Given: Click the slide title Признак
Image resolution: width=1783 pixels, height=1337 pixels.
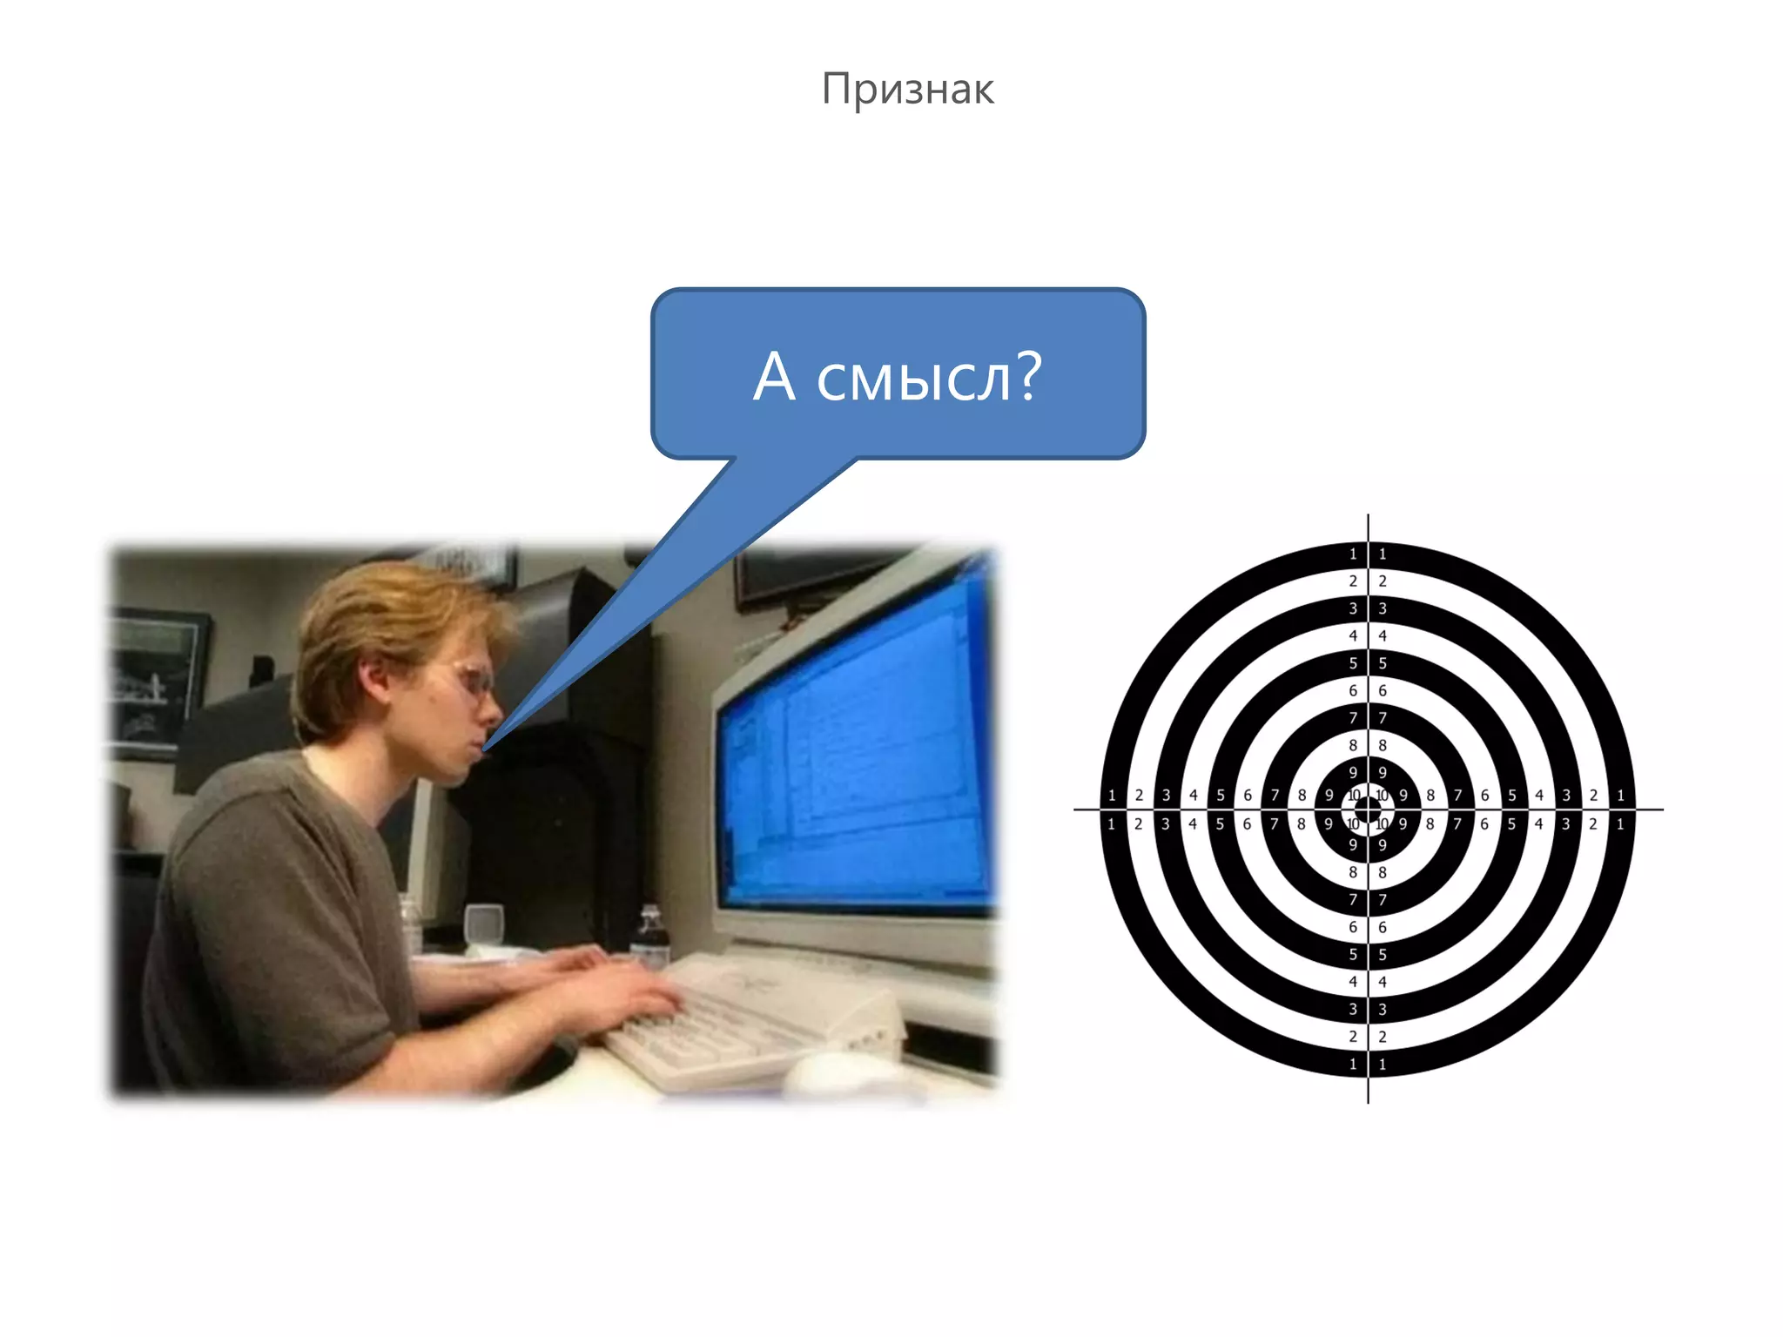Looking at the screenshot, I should click(907, 89).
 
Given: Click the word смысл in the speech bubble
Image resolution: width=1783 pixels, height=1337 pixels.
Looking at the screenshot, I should click(914, 379).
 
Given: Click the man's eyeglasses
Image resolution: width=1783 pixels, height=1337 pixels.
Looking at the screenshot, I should click(474, 679).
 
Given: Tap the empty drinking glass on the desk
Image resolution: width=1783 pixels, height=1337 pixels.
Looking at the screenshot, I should click(484, 925).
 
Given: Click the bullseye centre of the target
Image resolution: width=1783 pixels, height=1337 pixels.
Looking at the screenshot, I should click(1368, 810).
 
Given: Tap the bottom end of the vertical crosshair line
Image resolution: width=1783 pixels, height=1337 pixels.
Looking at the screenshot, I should click(1368, 1101).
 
